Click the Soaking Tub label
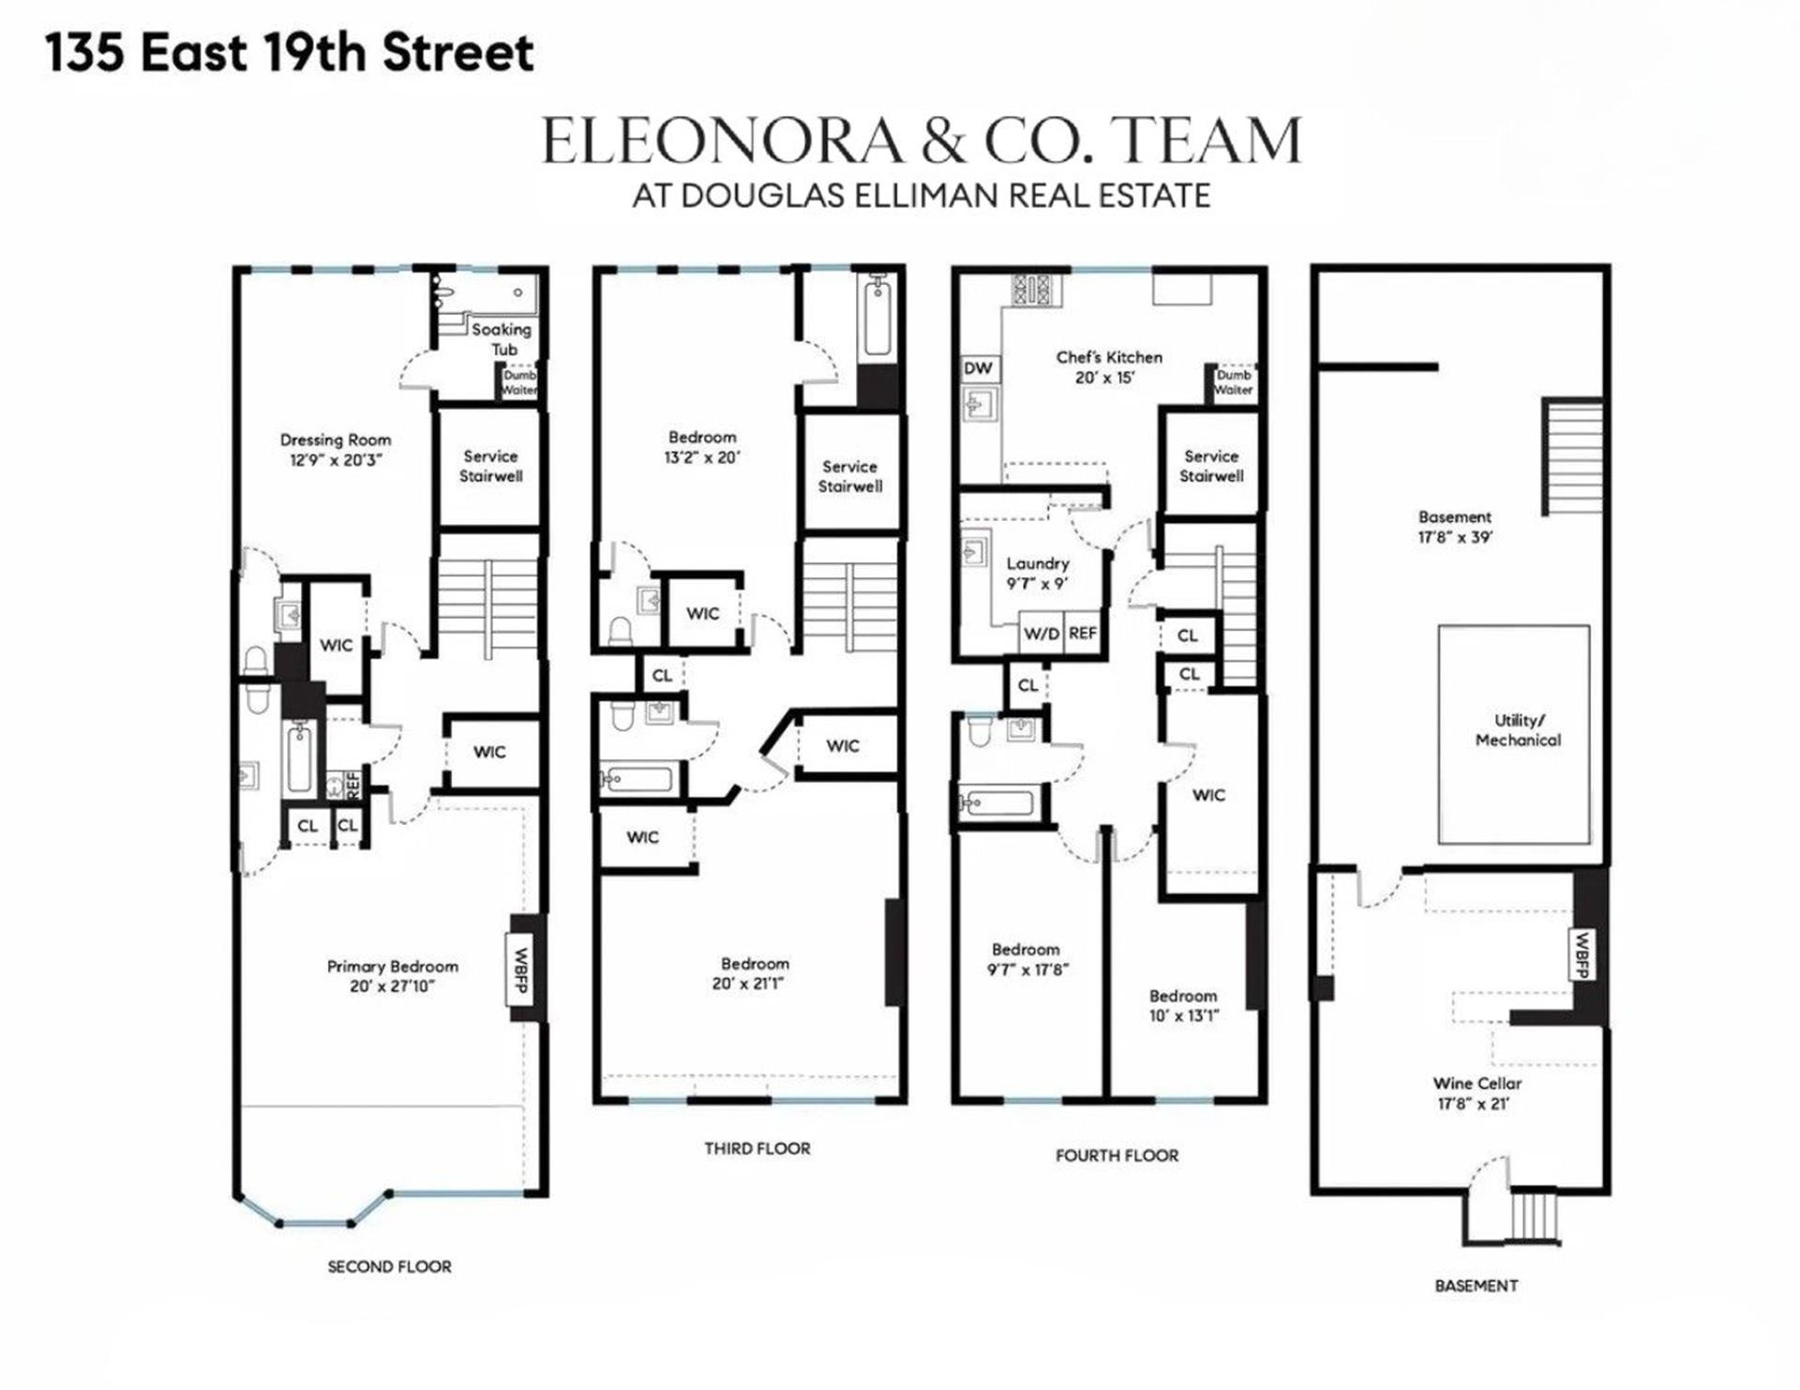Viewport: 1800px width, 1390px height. point(501,339)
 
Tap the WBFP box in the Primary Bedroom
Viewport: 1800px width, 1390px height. point(522,969)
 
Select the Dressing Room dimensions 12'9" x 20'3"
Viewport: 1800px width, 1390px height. point(336,460)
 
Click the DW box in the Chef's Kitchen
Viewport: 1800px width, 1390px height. point(978,368)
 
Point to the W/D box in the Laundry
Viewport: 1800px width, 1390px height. point(1041,634)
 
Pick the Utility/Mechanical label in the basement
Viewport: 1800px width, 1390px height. point(1518,730)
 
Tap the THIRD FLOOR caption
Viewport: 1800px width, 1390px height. point(757,1148)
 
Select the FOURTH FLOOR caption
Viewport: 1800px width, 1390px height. point(1117,1156)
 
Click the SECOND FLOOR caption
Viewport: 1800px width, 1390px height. point(389,1266)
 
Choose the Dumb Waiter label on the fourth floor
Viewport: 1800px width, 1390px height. point(1233,382)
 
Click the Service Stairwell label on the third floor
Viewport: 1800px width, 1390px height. point(849,476)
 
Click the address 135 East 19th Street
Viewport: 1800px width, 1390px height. point(290,52)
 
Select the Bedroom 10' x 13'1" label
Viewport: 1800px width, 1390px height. point(1183,1005)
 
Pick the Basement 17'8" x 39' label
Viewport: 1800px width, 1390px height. point(1454,527)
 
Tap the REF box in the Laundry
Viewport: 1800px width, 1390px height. point(1082,634)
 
